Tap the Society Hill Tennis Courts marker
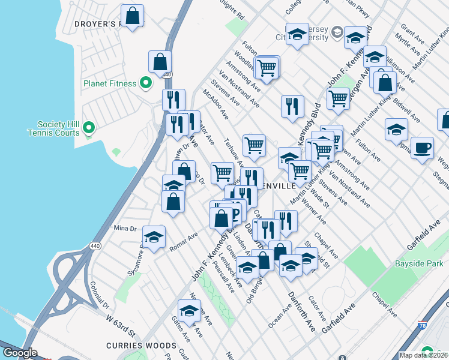(x=89, y=127)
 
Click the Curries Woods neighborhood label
(x=141, y=346)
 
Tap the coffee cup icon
(x=423, y=148)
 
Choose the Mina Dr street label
(x=125, y=228)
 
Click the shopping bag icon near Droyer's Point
(x=132, y=15)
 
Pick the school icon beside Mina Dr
(x=154, y=237)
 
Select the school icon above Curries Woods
(x=189, y=311)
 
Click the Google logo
(x=20, y=353)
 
